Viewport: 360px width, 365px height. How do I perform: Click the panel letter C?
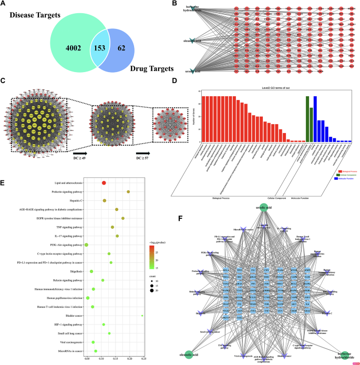click(x=4, y=80)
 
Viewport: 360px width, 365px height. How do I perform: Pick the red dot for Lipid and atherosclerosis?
click(x=104, y=182)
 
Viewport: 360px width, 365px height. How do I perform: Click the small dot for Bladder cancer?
click(x=142, y=316)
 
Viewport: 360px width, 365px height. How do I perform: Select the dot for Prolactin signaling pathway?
click(x=128, y=192)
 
